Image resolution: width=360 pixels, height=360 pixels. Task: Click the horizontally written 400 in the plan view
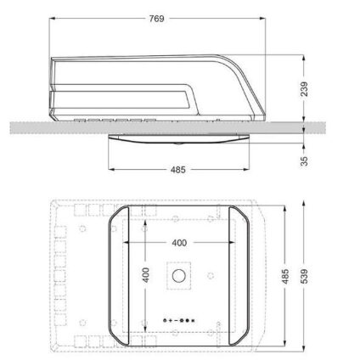pos(178,242)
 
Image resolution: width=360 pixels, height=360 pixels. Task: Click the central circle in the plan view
pos(179,277)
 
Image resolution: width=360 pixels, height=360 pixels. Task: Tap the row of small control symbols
pos(179,320)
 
